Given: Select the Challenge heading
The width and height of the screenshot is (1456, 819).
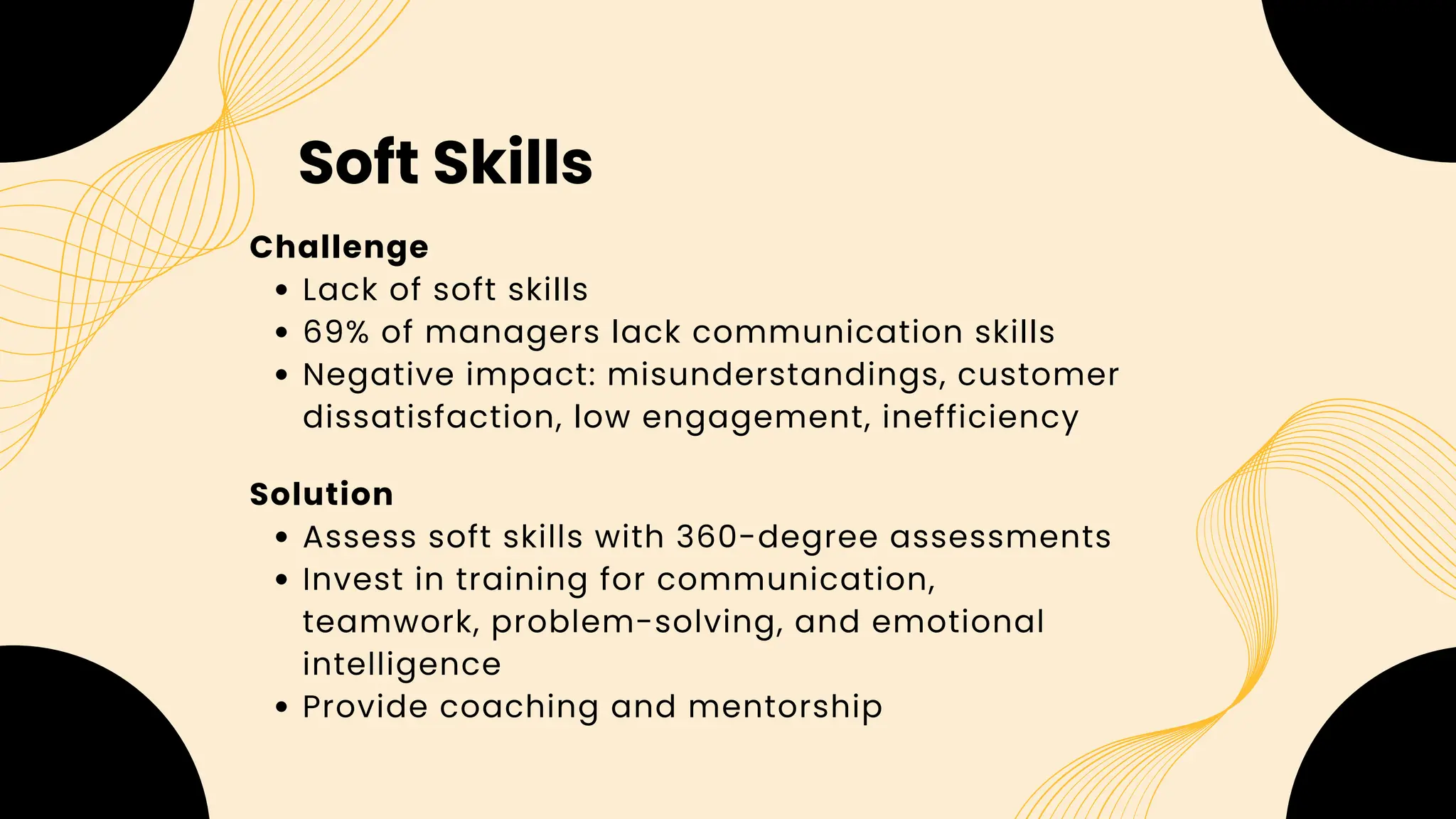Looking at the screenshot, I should pos(339,247).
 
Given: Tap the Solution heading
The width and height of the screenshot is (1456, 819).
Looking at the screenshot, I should pos(321,494).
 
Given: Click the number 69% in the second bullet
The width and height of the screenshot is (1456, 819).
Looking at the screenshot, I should pos(336,332).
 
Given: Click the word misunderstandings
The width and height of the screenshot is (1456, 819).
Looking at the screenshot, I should pos(776,375).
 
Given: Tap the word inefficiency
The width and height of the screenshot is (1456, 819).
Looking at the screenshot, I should pos(980,417).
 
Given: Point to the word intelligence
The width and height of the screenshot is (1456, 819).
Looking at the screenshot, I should pos(402,665).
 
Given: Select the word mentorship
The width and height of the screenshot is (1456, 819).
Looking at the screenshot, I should pos(785,707).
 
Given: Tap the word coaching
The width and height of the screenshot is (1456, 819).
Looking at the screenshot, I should pos(518,707).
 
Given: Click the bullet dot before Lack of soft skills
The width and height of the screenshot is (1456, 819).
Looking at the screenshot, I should pos(282,291).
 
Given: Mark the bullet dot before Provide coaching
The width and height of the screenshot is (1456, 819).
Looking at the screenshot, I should pos(282,707).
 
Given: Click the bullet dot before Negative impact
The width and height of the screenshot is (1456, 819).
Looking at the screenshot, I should pos(282,375).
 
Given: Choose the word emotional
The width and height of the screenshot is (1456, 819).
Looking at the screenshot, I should pos(958,621).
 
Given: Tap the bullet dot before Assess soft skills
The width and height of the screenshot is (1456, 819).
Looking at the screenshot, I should pos(282,537).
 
